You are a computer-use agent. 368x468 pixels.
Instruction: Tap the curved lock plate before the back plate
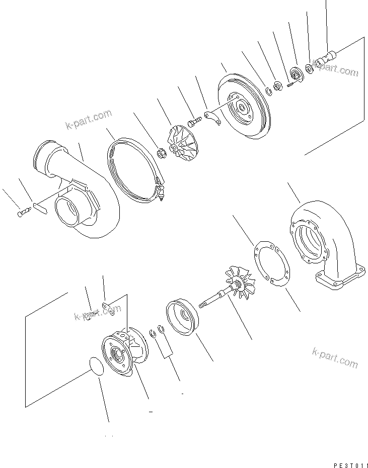[213, 118]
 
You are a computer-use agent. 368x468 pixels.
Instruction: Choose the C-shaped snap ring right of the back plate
[269, 90]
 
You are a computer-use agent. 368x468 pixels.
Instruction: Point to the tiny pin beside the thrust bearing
[290, 84]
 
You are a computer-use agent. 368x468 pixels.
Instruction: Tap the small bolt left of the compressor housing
[23, 213]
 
